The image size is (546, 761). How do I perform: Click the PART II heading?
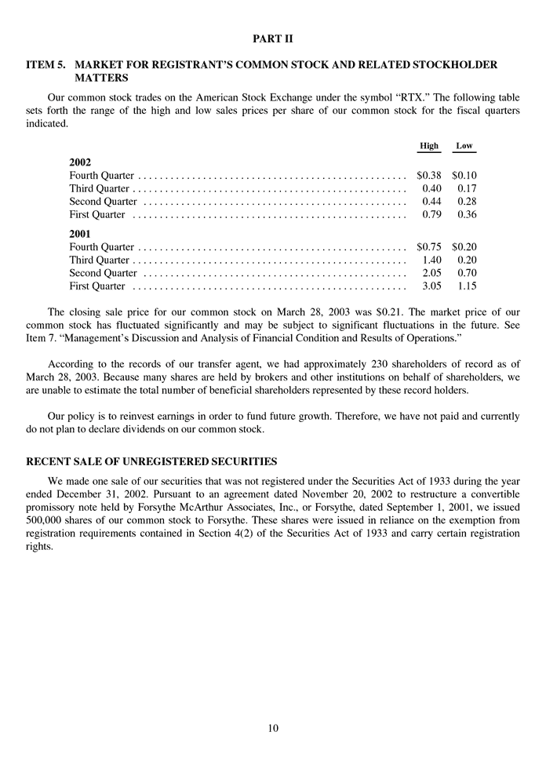pyautogui.click(x=272, y=38)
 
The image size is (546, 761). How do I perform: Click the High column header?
pyautogui.click(x=429, y=146)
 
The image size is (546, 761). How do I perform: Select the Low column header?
pyautogui.click(x=464, y=146)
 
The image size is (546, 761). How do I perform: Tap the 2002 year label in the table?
pyautogui.click(x=81, y=162)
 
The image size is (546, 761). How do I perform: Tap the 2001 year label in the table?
pyautogui.click(x=81, y=234)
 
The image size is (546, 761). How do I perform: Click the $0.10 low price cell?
pyautogui.click(x=464, y=176)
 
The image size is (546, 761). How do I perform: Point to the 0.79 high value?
pyautogui.click(x=433, y=214)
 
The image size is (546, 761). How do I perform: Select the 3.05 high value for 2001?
pyautogui.click(x=433, y=286)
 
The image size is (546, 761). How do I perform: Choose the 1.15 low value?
pyautogui.click(x=468, y=286)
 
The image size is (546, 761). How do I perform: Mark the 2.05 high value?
pyautogui.click(x=433, y=273)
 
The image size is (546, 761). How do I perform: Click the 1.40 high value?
pyautogui.click(x=433, y=260)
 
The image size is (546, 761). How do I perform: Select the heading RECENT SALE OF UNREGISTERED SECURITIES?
pyautogui.click(x=151, y=461)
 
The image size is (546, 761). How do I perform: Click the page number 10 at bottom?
pyautogui.click(x=272, y=728)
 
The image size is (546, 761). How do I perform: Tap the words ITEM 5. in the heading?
pyautogui.click(x=45, y=65)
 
